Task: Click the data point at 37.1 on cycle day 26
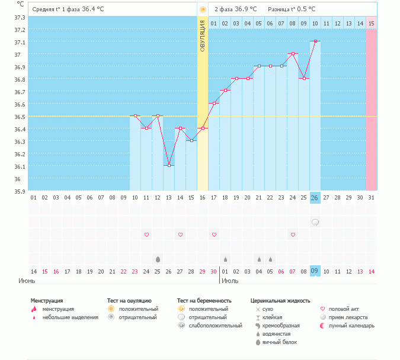[315, 41]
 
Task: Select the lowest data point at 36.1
[169, 165]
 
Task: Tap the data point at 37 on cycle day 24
[293, 54]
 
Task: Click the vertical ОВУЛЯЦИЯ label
[203, 34]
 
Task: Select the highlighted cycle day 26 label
[315, 197]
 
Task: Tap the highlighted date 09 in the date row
[315, 271]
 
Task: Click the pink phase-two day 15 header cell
[372, 23]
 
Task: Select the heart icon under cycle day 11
[146, 235]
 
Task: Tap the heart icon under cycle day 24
[293, 235]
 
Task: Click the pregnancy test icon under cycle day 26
[315, 222]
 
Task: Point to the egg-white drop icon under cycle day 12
[158, 259]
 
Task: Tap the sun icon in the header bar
[203, 9]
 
